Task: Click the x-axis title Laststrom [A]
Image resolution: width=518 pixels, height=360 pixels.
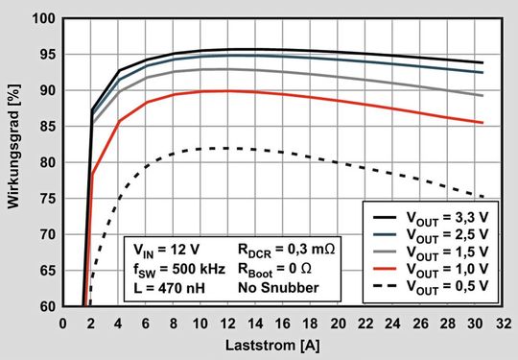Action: point(277,345)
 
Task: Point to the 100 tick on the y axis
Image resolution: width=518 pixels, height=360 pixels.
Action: point(46,18)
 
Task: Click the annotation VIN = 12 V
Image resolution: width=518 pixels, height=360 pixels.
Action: point(156,252)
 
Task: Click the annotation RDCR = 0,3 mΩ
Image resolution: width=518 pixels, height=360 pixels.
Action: point(285,252)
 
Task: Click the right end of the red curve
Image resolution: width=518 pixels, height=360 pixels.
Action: point(483,122)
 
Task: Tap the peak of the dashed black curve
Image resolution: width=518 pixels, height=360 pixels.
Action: point(225,148)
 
